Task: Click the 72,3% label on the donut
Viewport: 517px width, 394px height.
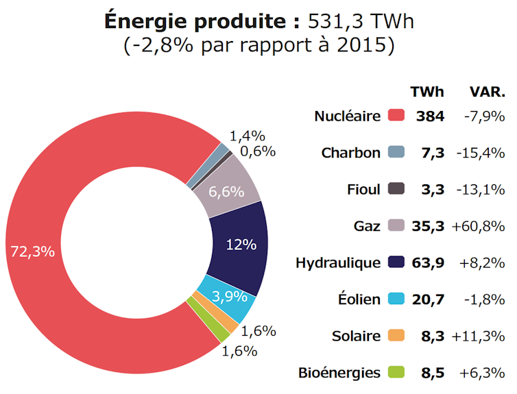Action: coord(32,251)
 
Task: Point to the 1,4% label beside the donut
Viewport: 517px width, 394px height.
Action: coord(247,136)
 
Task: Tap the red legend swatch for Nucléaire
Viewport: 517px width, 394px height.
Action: coord(396,116)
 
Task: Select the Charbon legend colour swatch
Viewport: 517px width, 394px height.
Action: coord(396,152)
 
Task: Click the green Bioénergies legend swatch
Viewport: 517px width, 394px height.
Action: coord(396,373)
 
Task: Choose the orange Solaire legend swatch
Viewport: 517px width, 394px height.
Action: coord(396,336)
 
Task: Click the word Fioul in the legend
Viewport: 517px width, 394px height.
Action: coord(363,189)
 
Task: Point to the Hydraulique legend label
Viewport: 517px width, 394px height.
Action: coord(337,262)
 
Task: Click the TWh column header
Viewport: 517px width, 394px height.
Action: coord(426,92)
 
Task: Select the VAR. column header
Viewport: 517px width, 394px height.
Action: coord(487,92)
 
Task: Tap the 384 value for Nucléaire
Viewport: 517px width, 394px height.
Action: coord(430,116)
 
